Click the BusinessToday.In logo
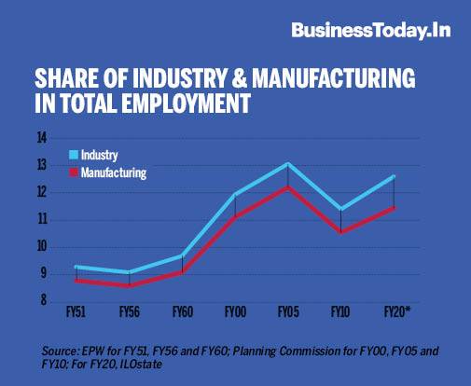click(x=370, y=30)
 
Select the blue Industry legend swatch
click(x=74, y=153)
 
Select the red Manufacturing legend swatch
click(x=74, y=172)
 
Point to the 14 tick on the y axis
click(x=41, y=138)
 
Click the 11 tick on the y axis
click(x=41, y=220)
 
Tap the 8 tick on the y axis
click(x=42, y=301)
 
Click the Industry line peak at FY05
click(x=288, y=164)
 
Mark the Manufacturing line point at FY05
click(x=288, y=187)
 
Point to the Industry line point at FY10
click(x=341, y=210)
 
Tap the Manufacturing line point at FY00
click(x=235, y=217)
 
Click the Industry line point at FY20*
click(x=395, y=176)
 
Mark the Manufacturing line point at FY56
click(x=129, y=285)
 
